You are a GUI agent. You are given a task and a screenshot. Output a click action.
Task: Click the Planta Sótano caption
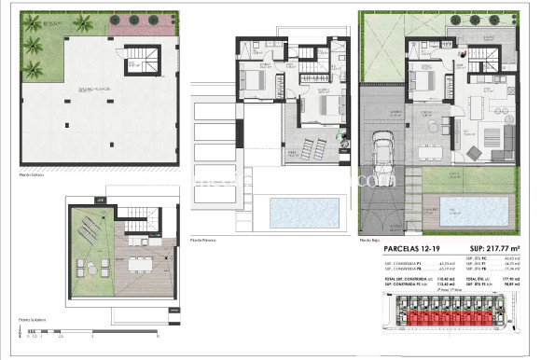pos(32,174)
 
